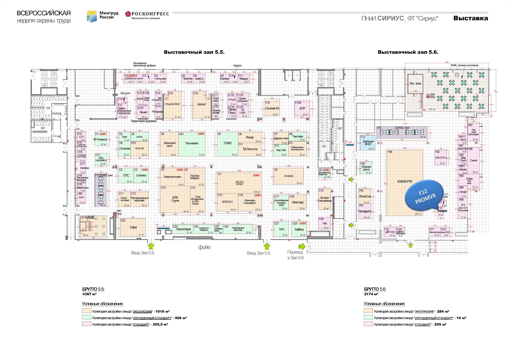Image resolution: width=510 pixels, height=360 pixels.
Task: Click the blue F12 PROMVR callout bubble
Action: (424, 196)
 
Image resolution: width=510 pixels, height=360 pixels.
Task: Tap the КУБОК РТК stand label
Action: (405, 182)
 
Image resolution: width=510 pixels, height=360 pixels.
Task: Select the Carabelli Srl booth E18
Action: (272, 108)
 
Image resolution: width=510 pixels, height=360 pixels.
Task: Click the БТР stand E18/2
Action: (302, 108)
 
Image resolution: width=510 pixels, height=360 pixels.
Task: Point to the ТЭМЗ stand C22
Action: (133, 228)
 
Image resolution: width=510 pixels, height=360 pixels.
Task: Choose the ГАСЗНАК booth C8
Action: (289, 176)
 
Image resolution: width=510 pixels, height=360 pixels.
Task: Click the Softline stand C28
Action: (299, 229)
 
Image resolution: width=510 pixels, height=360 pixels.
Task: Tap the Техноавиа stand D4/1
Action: (192, 143)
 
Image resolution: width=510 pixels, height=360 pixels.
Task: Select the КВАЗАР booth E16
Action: (202, 104)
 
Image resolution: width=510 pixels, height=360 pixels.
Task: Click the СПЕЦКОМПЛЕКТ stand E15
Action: (172, 104)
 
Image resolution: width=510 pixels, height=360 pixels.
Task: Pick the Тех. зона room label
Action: (415, 83)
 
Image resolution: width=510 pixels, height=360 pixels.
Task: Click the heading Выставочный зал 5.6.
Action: (408, 52)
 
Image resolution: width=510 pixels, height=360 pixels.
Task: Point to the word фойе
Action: (204, 247)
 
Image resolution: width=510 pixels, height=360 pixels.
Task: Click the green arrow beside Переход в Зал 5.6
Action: (302, 246)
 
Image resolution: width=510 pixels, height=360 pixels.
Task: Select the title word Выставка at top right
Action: (471, 18)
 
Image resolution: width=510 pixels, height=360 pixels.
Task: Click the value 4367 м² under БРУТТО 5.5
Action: (90, 294)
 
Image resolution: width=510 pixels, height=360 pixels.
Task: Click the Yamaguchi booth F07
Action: (365, 211)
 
